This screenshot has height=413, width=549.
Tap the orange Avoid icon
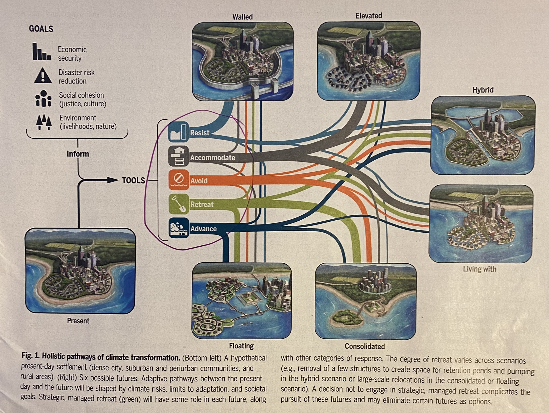[179, 180]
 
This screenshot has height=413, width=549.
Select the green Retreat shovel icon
[179, 204]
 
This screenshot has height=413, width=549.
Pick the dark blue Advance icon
[179, 228]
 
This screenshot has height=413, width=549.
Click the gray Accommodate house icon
[179, 156]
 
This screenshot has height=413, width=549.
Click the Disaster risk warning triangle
[43, 76]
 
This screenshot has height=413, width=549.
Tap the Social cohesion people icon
[43, 99]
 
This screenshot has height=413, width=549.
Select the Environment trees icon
[44, 122]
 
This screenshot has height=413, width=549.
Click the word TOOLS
[133, 180]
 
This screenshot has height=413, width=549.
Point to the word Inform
[78, 154]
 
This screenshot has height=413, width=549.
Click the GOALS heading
[41, 29]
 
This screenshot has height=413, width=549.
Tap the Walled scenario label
[242, 17]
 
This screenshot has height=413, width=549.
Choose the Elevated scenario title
[369, 16]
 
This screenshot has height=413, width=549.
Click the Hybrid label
[483, 90]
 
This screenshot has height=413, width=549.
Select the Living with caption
[480, 269]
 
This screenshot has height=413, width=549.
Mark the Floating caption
[241, 346]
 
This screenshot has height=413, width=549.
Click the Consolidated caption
[365, 346]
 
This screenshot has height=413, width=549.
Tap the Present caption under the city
[78, 321]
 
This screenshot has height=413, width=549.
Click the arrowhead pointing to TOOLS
[113, 180]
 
